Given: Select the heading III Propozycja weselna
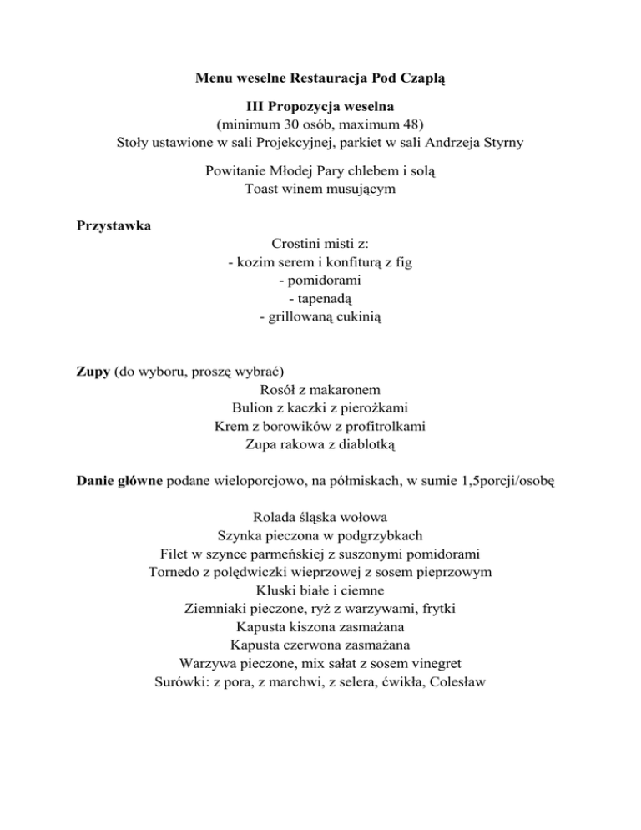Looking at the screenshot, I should coord(320,107).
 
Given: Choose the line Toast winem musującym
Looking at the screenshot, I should coord(320,189).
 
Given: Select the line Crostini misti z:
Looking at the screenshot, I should coord(320,243).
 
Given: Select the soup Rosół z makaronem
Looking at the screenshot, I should coord(320,389).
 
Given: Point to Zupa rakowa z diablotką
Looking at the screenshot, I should coord(320,444).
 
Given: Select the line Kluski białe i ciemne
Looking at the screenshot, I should coord(320,590).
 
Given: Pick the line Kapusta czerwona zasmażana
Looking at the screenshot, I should coord(320,645).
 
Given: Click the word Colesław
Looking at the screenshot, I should coord(455,681).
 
